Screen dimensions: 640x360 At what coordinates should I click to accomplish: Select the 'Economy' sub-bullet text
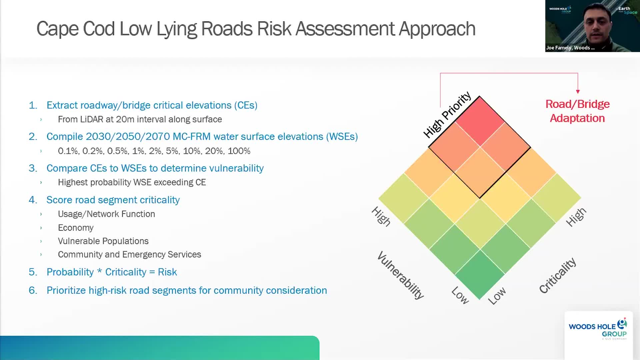(76, 228)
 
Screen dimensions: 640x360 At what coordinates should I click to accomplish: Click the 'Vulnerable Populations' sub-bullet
(103, 241)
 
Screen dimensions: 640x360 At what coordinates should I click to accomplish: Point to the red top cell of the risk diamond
(480, 122)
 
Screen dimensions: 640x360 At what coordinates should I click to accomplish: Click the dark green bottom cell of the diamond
(480, 274)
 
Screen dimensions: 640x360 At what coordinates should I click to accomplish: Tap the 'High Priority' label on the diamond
(447, 115)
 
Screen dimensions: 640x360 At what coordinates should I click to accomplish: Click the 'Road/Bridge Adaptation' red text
(577, 111)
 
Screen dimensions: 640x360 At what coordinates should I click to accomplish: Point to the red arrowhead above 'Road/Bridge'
(578, 91)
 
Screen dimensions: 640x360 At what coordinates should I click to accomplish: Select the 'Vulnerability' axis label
(401, 275)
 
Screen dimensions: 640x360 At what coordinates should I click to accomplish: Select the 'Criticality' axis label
(558, 275)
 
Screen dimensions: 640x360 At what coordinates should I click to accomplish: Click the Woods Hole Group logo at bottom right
(598, 329)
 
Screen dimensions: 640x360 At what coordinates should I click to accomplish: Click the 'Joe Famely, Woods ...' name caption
(570, 48)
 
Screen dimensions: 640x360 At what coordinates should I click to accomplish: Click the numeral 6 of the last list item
(32, 290)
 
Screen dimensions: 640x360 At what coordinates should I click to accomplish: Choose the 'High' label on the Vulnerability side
(381, 216)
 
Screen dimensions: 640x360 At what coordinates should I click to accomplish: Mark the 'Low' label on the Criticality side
(497, 296)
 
